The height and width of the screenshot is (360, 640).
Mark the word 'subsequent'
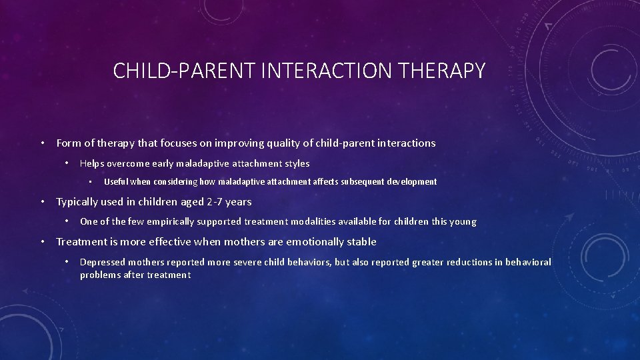coord(362,181)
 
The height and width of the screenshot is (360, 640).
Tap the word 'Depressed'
coord(102,262)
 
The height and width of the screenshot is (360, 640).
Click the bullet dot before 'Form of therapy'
coord(41,143)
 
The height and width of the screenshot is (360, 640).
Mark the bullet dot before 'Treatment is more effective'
coord(41,241)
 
